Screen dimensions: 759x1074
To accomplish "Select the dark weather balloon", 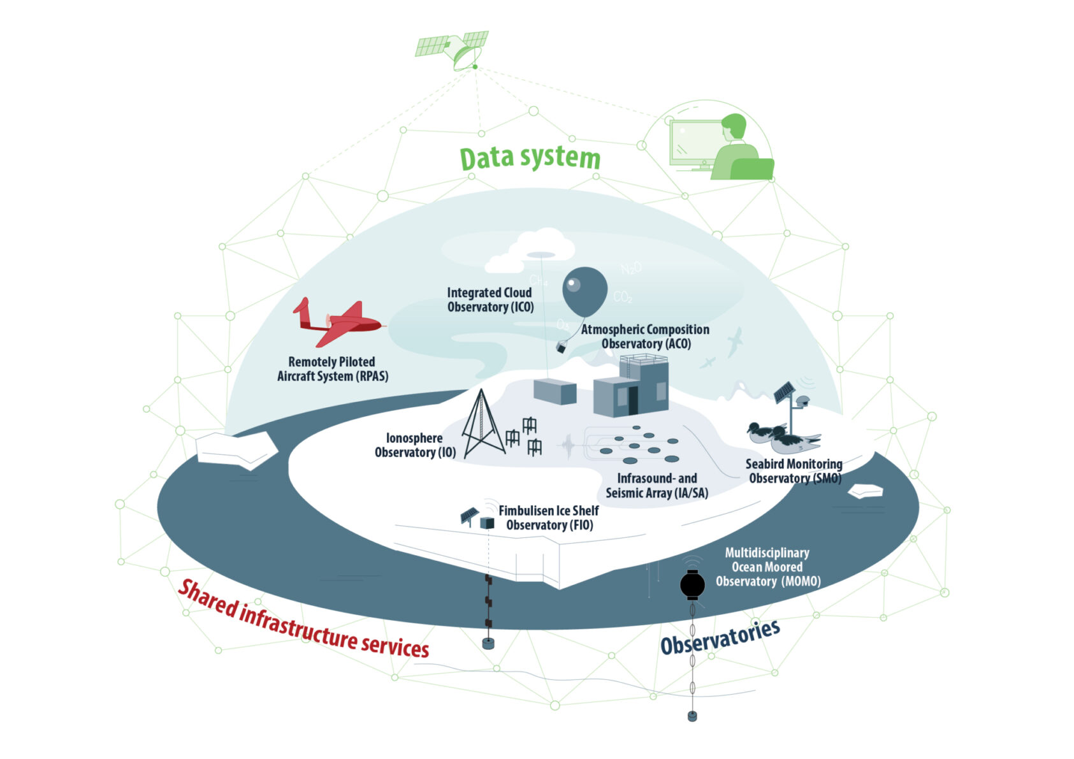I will pos(584,291).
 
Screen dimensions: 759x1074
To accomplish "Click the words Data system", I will pos(530,158).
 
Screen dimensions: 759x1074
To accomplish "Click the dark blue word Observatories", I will pos(720,637).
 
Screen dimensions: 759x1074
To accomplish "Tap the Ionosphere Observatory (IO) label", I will pos(414,445).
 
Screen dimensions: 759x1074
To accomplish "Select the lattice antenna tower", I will pos(482,426).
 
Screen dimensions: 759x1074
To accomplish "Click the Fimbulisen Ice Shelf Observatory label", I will pos(549,518).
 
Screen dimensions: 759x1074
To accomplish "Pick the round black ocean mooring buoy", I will pos(692,584).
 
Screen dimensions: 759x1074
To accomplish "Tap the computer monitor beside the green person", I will pos(695,143).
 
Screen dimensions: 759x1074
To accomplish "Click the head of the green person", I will pos(734,126).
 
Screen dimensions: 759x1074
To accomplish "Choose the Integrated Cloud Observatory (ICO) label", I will pos(490,300).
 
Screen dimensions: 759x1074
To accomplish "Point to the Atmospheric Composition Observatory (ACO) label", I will pos(645,336).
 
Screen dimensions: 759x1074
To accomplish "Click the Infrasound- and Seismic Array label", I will pos(657,486).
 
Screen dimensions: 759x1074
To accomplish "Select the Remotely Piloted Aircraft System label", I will pos(332,369).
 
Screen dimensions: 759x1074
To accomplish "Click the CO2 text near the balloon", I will pos(623,297).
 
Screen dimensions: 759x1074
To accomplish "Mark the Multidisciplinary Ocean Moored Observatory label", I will pos(767,567).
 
